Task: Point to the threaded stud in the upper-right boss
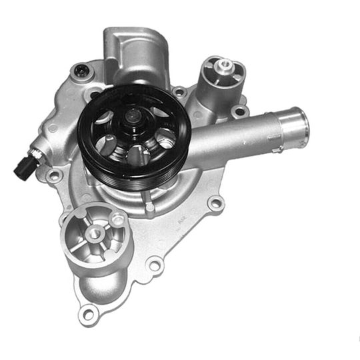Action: [x=224, y=65]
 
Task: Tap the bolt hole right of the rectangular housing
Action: [x=179, y=91]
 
